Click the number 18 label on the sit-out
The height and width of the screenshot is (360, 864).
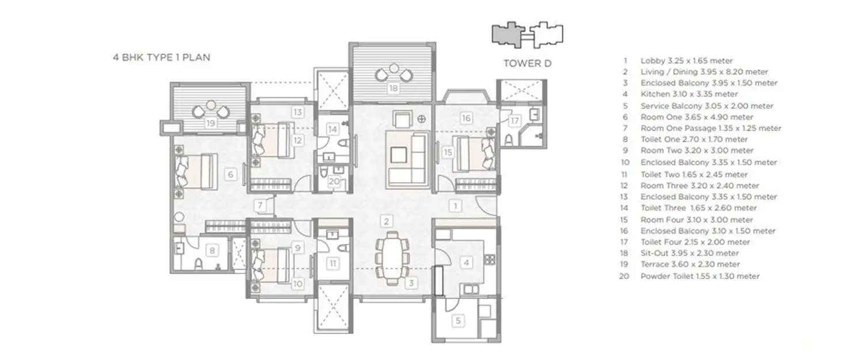pyautogui.click(x=393, y=89)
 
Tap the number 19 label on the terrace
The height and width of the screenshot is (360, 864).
pyautogui.click(x=211, y=123)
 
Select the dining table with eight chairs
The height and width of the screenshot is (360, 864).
pyautogui.click(x=392, y=256)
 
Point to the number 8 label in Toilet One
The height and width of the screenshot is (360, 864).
pyautogui.click(x=213, y=251)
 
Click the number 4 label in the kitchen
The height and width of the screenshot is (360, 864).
pyautogui.click(x=467, y=263)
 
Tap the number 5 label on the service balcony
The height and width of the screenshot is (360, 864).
pyautogui.click(x=458, y=321)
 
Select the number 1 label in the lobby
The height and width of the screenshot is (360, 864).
pyautogui.click(x=455, y=205)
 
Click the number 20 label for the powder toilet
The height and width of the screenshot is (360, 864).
pyautogui.click(x=334, y=181)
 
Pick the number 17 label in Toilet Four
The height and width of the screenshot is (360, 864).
pyautogui.click(x=514, y=121)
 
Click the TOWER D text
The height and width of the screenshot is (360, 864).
pyautogui.click(x=527, y=63)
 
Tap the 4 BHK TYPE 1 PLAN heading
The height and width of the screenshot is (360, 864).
pyautogui.click(x=161, y=58)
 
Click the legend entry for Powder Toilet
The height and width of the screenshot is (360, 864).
pyautogui.click(x=699, y=276)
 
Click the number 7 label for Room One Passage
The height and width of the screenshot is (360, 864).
pyautogui.click(x=261, y=206)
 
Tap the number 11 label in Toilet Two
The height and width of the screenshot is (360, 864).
pyautogui.click(x=334, y=263)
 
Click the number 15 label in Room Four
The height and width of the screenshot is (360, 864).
pyautogui.click(x=448, y=152)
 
